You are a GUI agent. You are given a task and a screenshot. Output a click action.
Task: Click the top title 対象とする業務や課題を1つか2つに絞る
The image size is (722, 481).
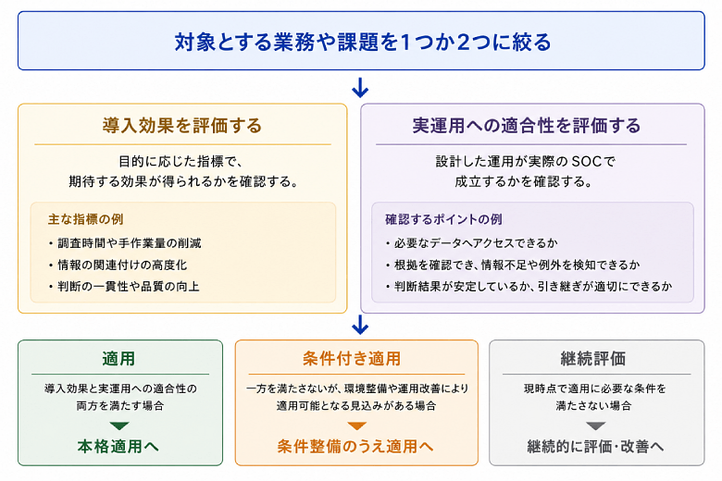tap(362, 42)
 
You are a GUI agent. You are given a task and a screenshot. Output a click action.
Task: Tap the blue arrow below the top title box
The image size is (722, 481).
tap(360, 88)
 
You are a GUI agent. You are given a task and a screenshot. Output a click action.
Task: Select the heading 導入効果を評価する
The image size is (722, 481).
tap(182, 126)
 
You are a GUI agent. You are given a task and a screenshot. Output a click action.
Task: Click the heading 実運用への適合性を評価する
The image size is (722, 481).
tap(527, 126)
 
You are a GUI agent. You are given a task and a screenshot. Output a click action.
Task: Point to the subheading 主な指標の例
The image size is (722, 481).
tap(86, 219)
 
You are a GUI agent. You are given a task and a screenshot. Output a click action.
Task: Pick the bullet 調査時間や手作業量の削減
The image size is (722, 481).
tap(125, 243)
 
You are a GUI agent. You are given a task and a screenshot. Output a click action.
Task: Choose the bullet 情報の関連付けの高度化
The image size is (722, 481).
tap(118, 265)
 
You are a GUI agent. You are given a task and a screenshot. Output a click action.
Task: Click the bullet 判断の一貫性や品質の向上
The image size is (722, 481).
tap(124, 287)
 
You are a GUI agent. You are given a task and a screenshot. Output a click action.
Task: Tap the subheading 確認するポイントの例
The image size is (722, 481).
tap(443, 219)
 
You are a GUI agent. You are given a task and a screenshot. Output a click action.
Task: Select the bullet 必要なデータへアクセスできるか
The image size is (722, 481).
tap(471, 243)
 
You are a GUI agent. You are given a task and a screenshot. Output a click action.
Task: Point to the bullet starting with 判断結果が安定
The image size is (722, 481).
tap(529, 287)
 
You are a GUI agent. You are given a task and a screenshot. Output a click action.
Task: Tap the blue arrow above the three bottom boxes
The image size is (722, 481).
tap(360, 325)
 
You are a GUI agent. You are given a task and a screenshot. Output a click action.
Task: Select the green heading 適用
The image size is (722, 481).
tap(118, 358)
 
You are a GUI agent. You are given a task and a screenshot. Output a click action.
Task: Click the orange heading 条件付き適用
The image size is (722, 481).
tap(352, 358)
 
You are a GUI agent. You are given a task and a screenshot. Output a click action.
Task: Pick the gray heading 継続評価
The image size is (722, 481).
tap(593, 358)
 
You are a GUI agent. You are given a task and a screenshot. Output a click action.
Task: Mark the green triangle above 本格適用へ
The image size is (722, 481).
tap(119, 425)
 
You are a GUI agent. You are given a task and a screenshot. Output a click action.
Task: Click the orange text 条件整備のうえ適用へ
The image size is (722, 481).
tap(355, 446)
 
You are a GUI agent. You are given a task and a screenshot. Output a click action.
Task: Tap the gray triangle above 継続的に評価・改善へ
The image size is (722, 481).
tap(595, 425)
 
